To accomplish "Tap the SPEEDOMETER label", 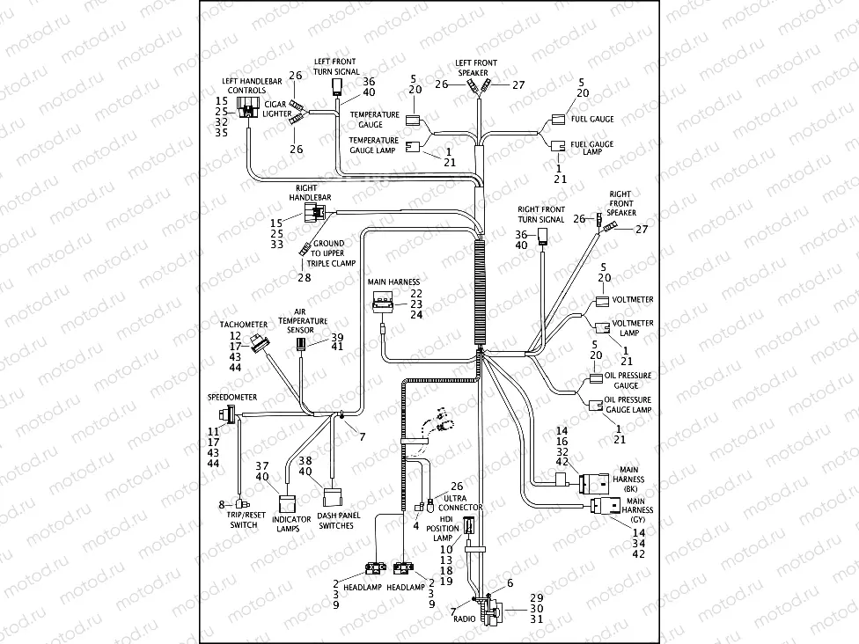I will point(232,398).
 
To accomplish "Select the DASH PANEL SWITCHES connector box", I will point(334,499).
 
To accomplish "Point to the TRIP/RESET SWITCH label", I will point(244,520).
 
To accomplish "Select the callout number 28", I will point(305,278).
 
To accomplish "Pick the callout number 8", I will point(223,504).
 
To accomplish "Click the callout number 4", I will point(415,526).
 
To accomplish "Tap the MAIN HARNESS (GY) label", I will point(637,509).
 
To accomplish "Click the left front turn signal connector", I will point(336,86).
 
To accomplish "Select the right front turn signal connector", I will point(543,236).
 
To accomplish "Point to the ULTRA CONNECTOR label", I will point(460,502).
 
